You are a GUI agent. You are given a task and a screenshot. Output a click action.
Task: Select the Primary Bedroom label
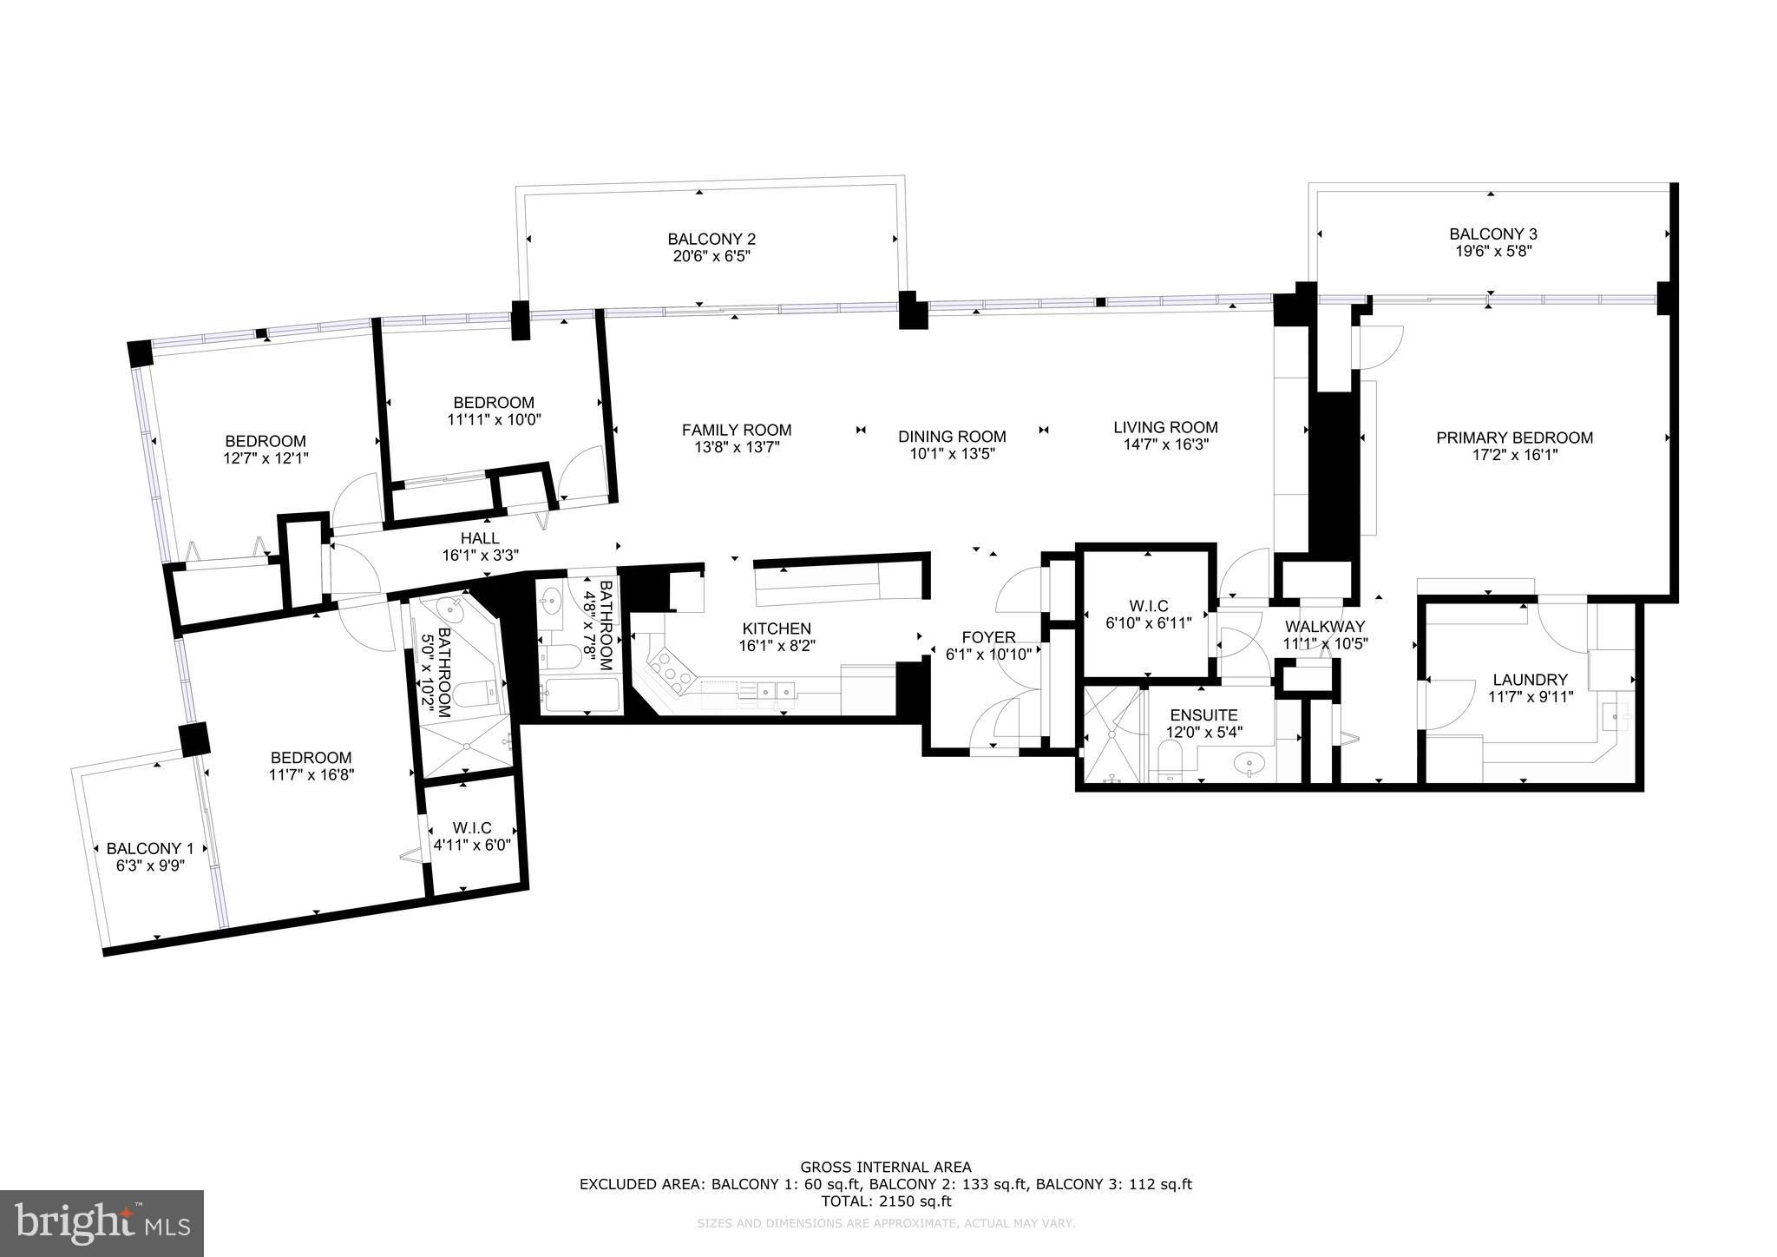pos(1514,438)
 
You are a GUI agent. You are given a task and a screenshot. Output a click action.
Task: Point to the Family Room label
pos(736,430)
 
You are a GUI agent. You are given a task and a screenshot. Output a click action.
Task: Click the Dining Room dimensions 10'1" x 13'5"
pos(952,454)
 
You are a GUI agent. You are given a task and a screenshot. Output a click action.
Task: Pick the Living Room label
pos(1165,427)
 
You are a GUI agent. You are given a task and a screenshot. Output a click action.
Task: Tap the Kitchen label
pos(777,628)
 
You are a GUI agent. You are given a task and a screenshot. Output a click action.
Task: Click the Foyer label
pos(988,637)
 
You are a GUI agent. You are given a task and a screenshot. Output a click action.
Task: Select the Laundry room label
pos(1530,680)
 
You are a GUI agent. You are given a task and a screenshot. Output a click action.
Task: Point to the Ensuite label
pos(1203,714)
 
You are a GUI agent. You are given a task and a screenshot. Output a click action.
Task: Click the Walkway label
pos(1325,626)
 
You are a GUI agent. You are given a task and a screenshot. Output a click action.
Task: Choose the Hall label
pos(480,538)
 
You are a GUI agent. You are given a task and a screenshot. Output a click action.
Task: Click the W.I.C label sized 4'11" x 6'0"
pos(471,828)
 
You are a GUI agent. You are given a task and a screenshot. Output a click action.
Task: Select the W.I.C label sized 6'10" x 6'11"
pos(1149,605)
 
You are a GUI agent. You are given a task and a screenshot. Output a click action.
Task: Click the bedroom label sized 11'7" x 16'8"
pos(311,757)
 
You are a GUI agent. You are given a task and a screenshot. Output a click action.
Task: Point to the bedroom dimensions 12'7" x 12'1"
pos(266,457)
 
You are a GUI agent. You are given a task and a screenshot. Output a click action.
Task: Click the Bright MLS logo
pos(102,1222)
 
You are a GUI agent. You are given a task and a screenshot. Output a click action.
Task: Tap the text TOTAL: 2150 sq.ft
pos(885,1201)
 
